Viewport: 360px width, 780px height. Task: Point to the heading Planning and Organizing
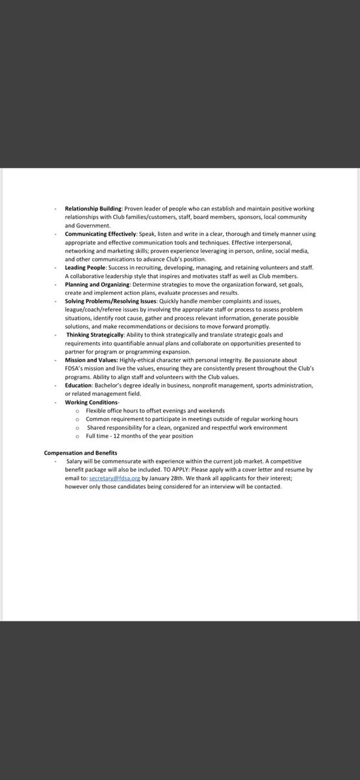[97, 284]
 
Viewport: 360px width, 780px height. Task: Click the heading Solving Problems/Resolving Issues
[110, 301]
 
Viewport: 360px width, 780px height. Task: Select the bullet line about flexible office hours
[155, 411]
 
